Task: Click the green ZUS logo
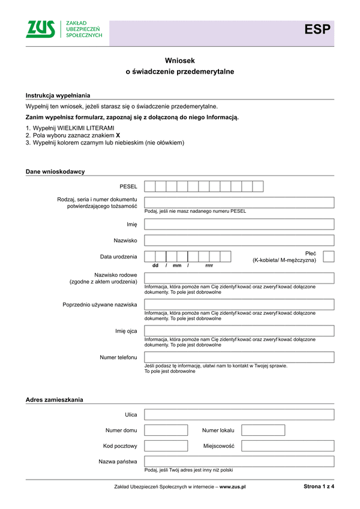41,29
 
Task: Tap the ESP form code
317,30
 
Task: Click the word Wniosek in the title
180,61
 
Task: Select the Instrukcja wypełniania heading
58,95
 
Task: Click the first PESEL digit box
150,186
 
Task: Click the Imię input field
239,224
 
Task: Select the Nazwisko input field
239,240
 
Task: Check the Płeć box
328,257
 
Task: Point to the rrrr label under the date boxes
209,266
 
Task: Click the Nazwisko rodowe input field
239,278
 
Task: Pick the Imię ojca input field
239,331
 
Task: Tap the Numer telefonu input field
239,357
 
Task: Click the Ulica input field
239,414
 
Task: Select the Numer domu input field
166,430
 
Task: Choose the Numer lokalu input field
263,430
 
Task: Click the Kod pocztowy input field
166,446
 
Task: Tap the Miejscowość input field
287,446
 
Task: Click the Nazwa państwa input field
239,462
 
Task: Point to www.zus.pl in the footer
233,487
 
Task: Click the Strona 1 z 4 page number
319,486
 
